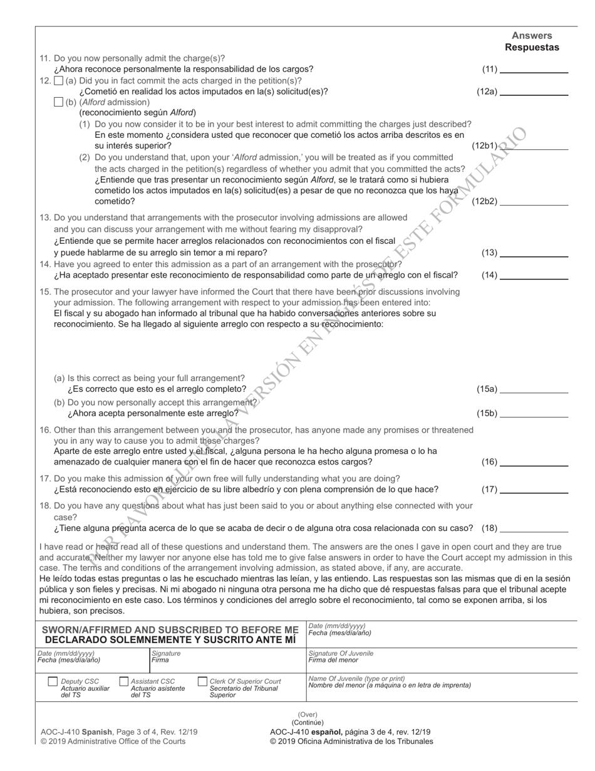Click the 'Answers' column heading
532,36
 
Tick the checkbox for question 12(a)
59,81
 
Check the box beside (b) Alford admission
59,102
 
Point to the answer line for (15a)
534,389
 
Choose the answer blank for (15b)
534,414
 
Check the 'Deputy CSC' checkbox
53,681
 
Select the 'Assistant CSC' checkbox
123,681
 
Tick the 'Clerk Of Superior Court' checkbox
202,681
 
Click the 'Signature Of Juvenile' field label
341,653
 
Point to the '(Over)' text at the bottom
307,715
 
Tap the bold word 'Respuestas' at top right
532,48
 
